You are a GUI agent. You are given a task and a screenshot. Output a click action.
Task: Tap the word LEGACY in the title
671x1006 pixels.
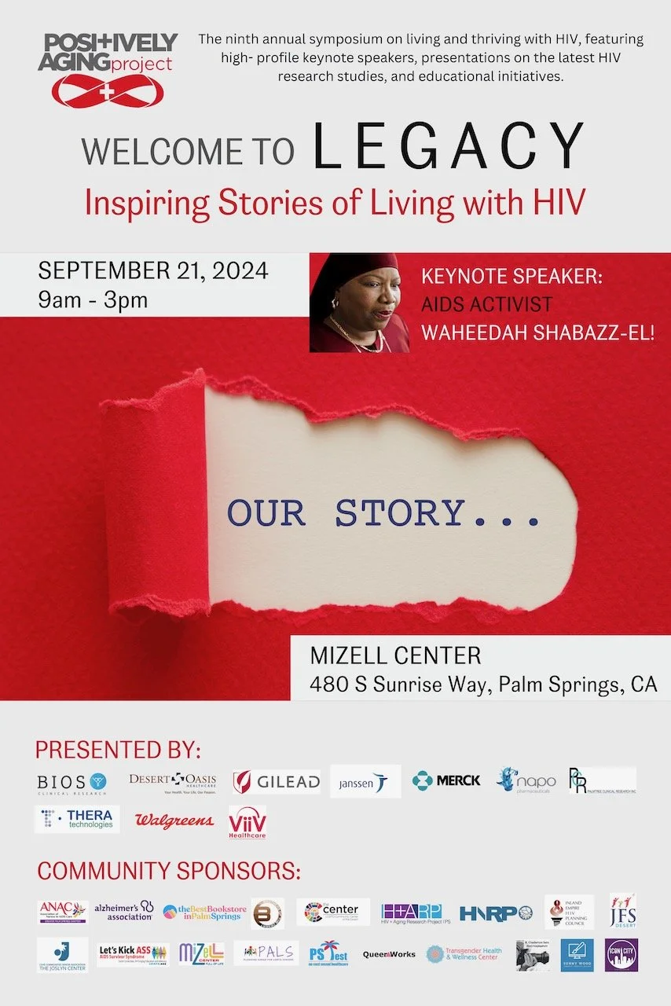(449, 147)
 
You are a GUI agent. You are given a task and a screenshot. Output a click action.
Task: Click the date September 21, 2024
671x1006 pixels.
(153, 271)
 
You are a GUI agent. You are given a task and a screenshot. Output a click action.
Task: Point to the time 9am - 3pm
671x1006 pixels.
(93, 300)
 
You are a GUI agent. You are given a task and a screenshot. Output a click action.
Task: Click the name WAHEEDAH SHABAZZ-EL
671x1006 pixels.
(538, 332)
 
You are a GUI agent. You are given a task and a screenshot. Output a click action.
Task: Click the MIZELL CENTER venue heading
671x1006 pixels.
(395, 655)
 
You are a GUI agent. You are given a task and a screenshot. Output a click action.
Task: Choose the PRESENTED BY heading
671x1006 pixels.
(118, 747)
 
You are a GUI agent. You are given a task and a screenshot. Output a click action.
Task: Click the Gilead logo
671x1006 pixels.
(277, 782)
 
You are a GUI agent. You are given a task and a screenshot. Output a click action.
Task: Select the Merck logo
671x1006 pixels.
(446, 780)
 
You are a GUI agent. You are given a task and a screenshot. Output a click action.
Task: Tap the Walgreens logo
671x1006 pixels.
(174, 821)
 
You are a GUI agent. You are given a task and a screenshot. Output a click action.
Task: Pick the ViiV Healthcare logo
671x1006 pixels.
(247, 822)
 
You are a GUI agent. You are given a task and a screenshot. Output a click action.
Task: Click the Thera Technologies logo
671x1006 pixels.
(77, 819)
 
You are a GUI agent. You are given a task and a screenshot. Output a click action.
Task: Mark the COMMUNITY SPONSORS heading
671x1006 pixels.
(169, 872)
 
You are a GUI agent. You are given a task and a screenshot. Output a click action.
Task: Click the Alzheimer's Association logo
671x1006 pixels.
(124, 912)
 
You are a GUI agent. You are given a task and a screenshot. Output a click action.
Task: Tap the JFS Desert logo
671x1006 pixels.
(623, 911)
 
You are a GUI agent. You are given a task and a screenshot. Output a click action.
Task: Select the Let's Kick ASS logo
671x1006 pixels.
(133, 953)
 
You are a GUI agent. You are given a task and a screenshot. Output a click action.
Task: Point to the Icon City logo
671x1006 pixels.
(621, 955)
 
